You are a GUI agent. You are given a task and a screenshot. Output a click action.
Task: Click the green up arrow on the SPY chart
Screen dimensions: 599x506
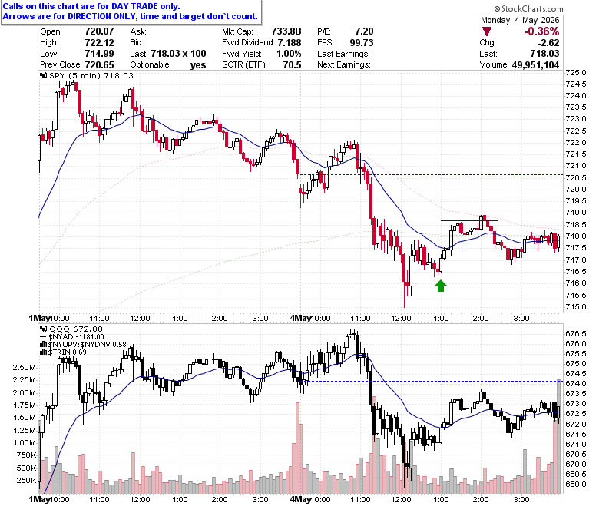tap(441, 286)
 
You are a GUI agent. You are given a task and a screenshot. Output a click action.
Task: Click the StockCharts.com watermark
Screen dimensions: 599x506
tap(528, 8)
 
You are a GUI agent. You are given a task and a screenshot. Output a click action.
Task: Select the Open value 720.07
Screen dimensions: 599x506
tap(99, 31)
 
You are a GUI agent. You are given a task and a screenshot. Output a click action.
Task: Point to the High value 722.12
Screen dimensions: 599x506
tap(99, 42)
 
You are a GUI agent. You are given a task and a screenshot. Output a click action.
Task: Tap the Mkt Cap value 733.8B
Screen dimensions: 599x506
tap(286, 31)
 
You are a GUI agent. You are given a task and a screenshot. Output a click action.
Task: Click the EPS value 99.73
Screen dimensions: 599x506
tap(362, 42)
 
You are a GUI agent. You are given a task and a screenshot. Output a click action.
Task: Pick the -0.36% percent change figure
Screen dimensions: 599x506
tap(541, 31)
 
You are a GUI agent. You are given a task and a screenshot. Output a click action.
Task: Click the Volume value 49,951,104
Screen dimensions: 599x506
tap(535, 65)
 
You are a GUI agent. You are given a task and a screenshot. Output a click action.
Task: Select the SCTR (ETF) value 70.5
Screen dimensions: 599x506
tap(292, 65)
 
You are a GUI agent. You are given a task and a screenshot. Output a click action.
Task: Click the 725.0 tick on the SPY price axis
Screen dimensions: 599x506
tap(576, 72)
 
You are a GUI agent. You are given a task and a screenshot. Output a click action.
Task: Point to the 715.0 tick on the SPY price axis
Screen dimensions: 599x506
tap(576, 306)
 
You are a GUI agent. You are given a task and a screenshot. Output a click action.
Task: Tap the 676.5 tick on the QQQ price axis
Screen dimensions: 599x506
tap(576, 333)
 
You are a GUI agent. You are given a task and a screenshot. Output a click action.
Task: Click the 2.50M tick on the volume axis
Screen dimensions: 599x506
tap(25, 367)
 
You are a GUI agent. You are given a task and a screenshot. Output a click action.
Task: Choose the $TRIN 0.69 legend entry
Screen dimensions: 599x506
tap(64, 352)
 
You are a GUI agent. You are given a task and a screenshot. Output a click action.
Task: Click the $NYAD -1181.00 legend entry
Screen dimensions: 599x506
tap(72, 337)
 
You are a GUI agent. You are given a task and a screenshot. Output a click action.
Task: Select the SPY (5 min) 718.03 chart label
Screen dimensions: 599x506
tap(87, 75)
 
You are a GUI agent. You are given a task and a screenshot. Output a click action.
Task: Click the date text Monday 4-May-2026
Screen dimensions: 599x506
tap(520, 20)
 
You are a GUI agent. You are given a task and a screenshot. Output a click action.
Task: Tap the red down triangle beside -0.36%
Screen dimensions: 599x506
tap(487, 31)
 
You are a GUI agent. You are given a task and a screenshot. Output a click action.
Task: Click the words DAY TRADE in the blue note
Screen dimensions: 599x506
tap(134, 6)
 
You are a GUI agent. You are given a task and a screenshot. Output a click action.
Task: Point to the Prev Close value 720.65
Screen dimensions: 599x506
tap(99, 65)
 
